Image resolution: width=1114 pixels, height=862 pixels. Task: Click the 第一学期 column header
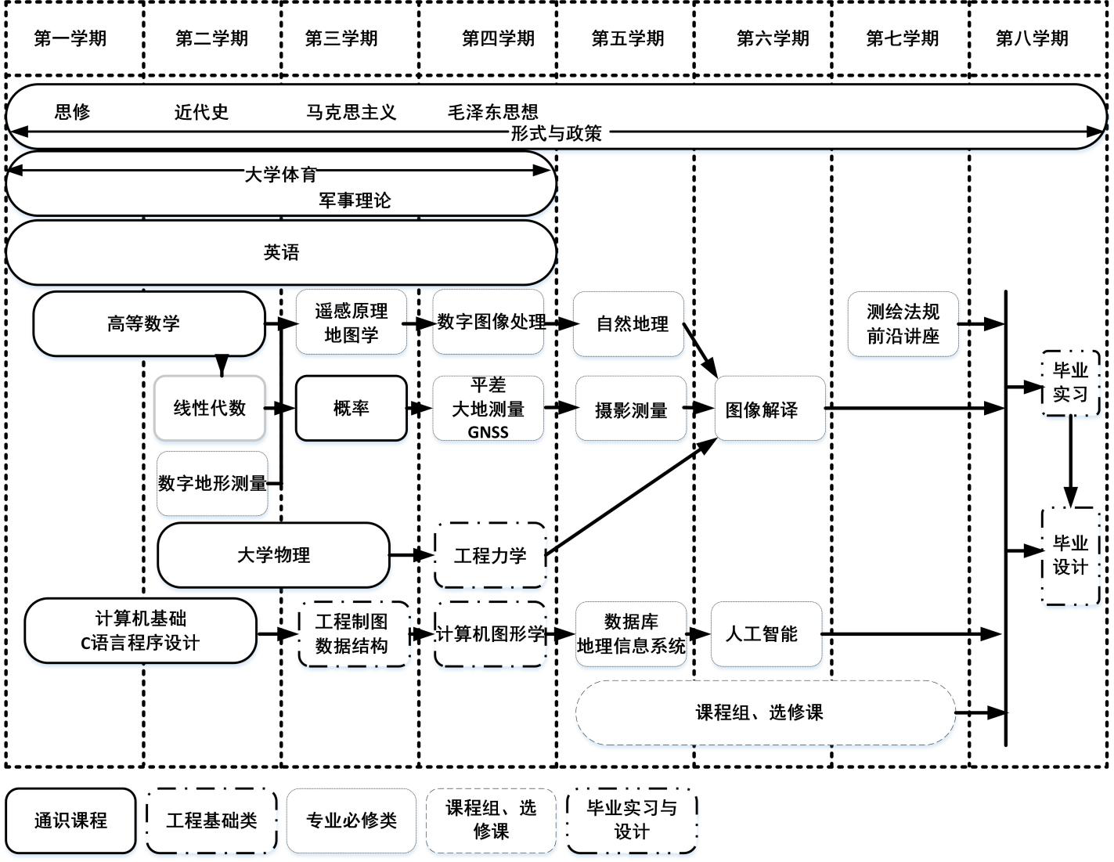coord(70,38)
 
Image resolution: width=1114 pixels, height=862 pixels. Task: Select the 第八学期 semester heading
coord(1032,38)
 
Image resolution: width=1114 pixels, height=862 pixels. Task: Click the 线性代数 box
coord(210,408)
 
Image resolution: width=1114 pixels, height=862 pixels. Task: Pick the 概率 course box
coord(351,408)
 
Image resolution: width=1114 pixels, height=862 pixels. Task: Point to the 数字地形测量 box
coord(212,483)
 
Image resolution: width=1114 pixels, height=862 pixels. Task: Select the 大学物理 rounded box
coord(273,555)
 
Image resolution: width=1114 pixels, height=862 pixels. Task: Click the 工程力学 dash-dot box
coord(490,556)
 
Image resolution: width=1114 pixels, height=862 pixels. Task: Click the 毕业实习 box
coord(1070,382)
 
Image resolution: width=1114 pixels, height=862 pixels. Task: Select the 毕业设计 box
coord(1070,555)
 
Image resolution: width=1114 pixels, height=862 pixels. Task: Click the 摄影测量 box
coord(630,409)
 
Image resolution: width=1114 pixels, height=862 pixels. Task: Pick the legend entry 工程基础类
coord(211,821)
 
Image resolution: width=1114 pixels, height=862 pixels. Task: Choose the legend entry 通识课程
coord(70,821)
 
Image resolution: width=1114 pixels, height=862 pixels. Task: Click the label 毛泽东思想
coord(492,112)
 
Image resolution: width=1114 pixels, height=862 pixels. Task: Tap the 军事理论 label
coord(355,200)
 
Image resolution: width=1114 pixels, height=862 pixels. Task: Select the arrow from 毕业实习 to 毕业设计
coord(1070,462)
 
